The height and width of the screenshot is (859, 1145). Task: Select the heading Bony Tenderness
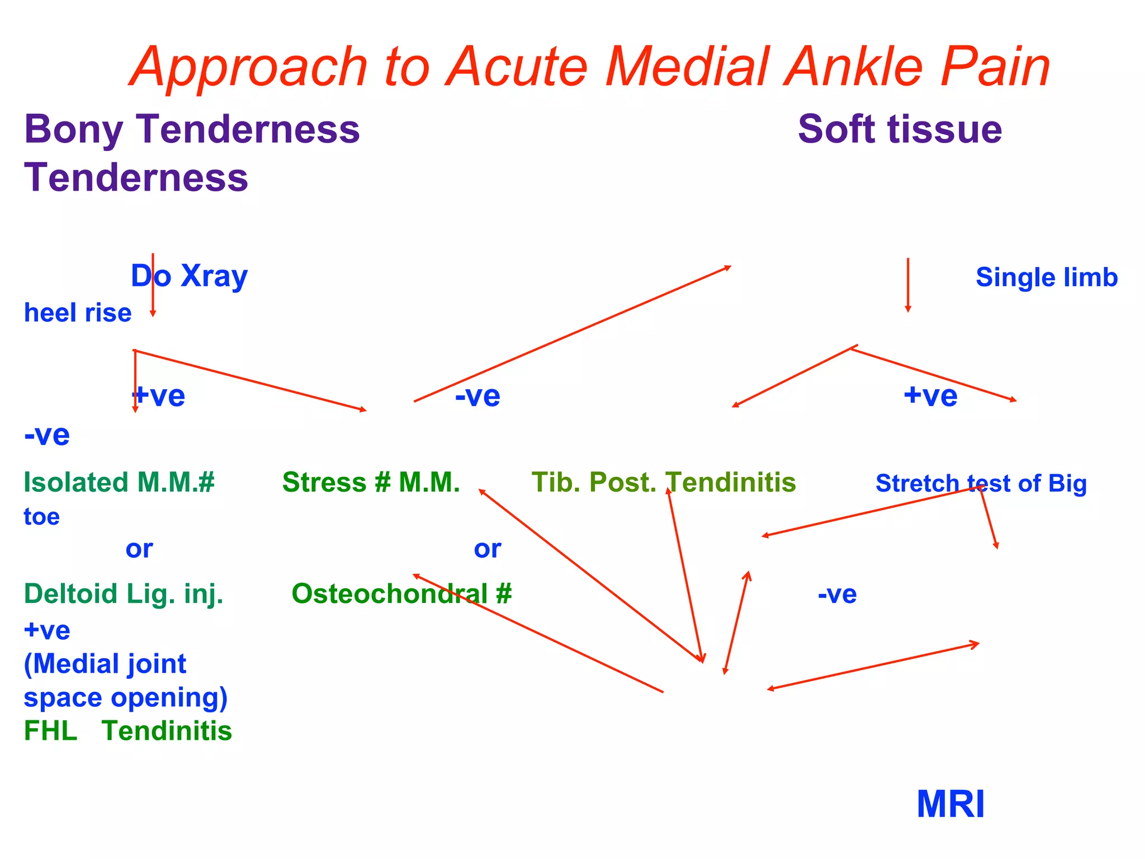coord(192,129)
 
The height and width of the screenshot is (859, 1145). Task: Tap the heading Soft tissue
coord(900,129)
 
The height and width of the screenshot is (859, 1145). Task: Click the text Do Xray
coord(189,276)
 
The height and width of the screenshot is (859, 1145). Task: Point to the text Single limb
coord(1046,277)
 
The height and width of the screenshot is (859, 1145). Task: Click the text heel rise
coord(78,313)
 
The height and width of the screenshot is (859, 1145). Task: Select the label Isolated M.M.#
coord(119,482)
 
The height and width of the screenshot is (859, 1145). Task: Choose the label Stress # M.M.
coord(371,482)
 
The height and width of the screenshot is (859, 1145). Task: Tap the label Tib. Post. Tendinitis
coord(663,482)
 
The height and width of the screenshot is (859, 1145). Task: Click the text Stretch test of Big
coord(981,483)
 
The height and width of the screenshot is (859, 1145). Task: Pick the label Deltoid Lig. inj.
coord(124,593)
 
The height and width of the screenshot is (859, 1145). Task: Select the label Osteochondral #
coord(401,593)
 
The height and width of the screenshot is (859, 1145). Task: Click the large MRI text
coord(950,804)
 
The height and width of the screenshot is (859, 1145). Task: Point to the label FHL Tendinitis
coord(127,731)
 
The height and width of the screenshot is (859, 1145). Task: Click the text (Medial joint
coord(105,664)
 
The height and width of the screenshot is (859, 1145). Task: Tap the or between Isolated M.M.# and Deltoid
coord(139,549)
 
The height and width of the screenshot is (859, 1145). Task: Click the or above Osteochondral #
coord(487,549)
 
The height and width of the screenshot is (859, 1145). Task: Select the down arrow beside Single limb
coord(907,285)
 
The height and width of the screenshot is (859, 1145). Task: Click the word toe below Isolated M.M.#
coord(41,517)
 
